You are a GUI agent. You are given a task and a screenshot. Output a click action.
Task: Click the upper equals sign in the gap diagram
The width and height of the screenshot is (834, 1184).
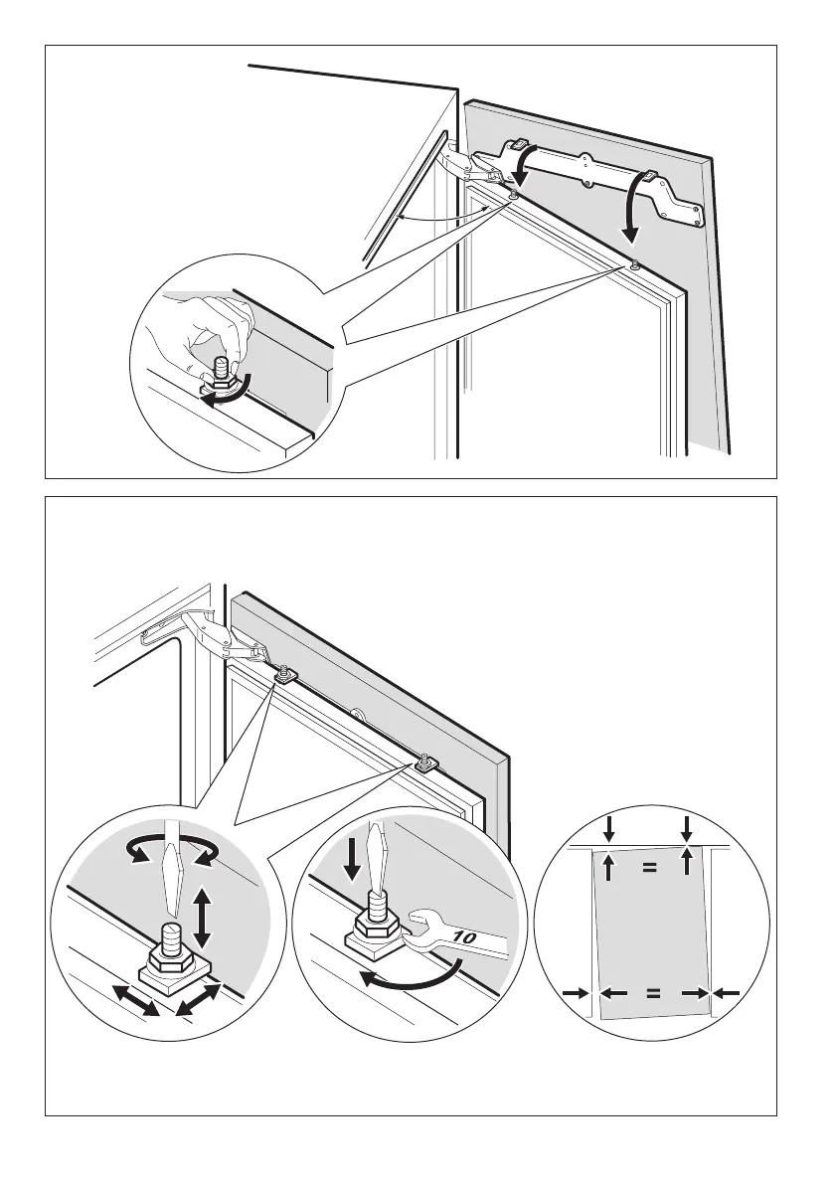coord(649,867)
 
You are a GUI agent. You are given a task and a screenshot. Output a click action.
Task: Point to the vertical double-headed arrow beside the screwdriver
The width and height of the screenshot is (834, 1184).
coord(203,918)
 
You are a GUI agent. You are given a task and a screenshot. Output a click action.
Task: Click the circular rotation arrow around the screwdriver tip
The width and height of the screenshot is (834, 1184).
coord(169,848)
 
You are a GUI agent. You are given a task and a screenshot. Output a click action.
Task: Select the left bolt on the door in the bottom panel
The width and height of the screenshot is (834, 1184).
coord(284,675)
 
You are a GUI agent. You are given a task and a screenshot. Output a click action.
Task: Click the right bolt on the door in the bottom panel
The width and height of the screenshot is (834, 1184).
coord(423,763)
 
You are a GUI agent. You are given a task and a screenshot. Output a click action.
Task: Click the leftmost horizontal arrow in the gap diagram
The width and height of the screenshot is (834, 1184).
coord(574,992)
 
